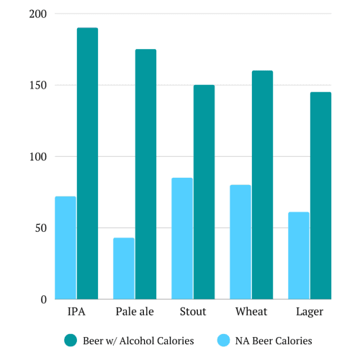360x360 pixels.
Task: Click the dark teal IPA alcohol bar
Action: click(87, 163)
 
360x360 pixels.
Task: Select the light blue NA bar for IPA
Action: click(66, 248)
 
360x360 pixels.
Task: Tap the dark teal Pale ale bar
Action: click(145, 174)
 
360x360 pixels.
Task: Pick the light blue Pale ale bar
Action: click(124, 269)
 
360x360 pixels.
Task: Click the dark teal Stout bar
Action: click(204, 192)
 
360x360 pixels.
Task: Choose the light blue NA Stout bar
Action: click(182, 238)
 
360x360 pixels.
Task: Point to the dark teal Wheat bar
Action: click(262, 185)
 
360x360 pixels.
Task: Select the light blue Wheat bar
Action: click(240, 242)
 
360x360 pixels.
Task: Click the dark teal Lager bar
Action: click(320, 196)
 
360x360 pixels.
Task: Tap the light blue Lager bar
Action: click(299, 256)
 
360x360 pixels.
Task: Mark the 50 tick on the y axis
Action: click(40, 228)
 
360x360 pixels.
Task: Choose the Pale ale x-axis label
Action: click(135, 312)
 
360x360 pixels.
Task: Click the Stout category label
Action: click(193, 312)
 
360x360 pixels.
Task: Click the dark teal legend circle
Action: click(71, 341)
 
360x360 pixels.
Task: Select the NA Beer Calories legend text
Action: click(270, 341)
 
